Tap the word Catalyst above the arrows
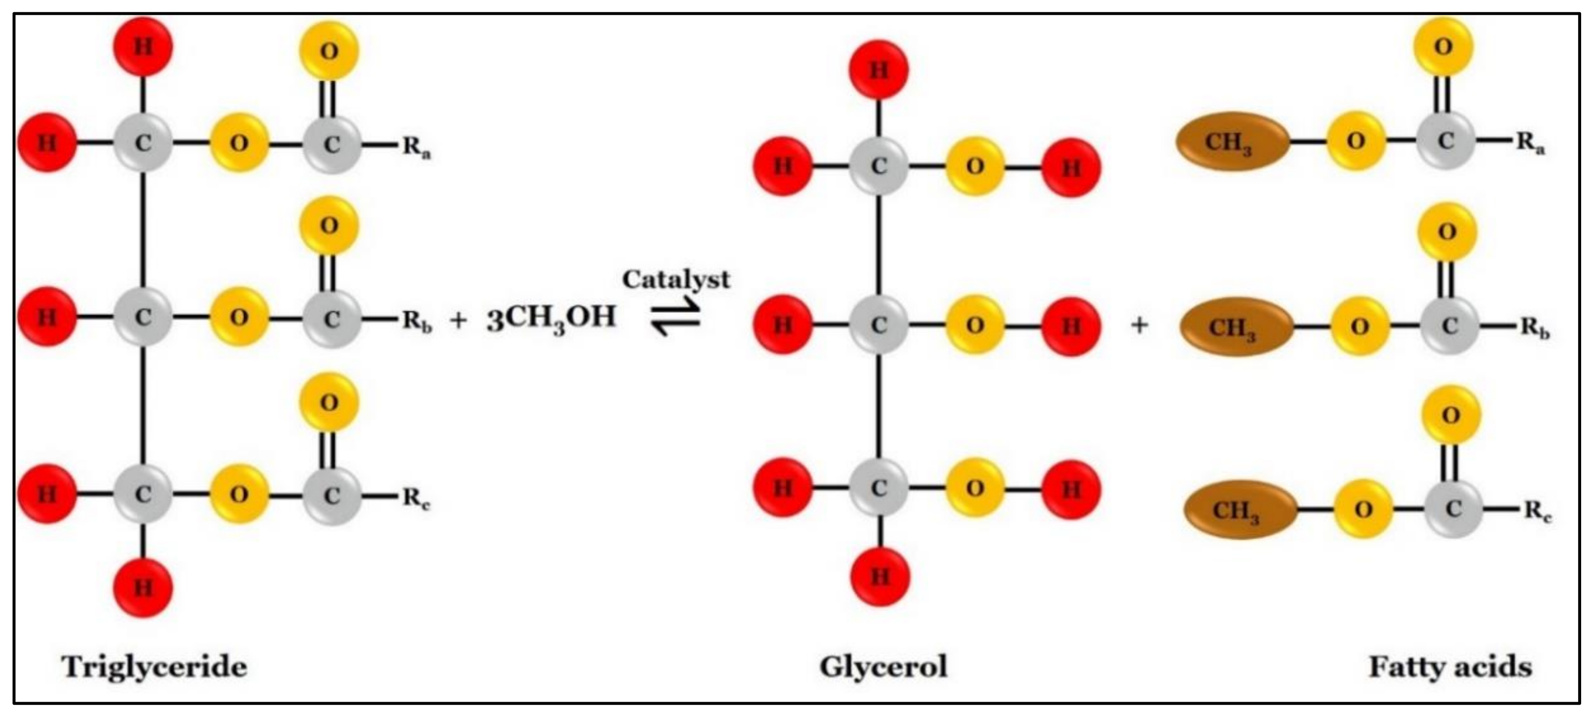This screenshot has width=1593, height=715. tap(676, 280)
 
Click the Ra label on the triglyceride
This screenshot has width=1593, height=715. tap(417, 147)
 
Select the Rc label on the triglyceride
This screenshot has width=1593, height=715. tap(416, 498)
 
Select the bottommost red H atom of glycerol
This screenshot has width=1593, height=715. tap(880, 577)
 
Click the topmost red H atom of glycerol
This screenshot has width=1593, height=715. tap(879, 70)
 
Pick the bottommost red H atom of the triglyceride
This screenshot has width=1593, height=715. tap(143, 587)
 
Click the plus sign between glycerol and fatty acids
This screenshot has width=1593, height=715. tap(1139, 325)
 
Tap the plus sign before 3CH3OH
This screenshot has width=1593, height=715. tap(458, 320)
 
